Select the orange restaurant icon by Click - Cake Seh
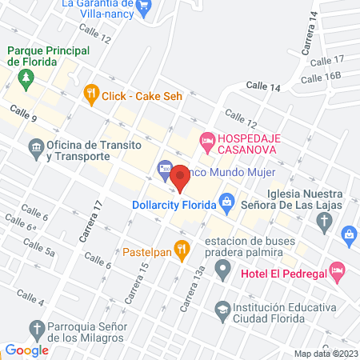(91, 95)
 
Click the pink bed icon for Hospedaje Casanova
(206, 142)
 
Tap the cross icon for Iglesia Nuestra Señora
(323, 225)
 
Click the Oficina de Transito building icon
(35, 148)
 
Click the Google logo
(26, 350)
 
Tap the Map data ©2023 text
(324, 353)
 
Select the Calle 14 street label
(264, 86)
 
